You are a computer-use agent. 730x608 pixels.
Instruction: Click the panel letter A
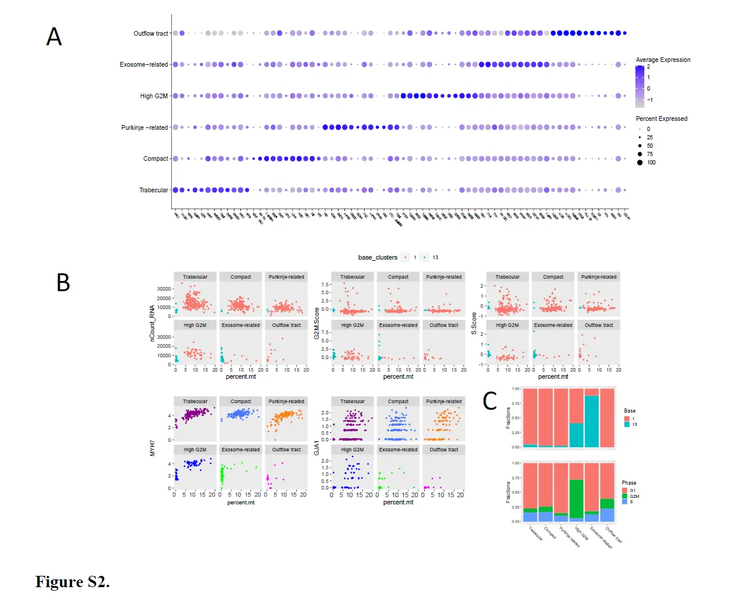[x=54, y=37]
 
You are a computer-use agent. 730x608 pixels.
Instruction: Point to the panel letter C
[x=490, y=401]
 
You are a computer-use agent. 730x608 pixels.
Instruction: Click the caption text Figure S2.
[x=73, y=582]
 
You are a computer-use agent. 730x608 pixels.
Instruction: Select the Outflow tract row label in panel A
[x=151, y=33]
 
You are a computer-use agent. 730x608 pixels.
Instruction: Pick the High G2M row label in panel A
[x=153, y=96]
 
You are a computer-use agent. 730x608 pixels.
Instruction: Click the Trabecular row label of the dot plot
[x=153, y=190]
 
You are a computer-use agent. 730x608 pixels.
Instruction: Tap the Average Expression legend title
[x=663, y=60]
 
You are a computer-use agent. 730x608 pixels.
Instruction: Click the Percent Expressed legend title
[x=661, y=119]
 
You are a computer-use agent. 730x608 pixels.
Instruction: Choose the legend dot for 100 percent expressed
[x=640, y=162]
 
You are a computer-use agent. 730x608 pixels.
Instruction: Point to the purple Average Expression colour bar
[x=640, y=84]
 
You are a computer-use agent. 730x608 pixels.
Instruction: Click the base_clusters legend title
[x=377, y=257]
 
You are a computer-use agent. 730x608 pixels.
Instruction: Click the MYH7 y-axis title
[x=152, y=448]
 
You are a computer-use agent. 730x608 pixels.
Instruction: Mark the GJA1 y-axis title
[x=317, y=447]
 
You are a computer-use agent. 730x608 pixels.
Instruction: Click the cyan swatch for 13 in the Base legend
[x=626, y=424]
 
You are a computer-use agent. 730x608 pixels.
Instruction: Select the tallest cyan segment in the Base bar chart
[x=591, y=421]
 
